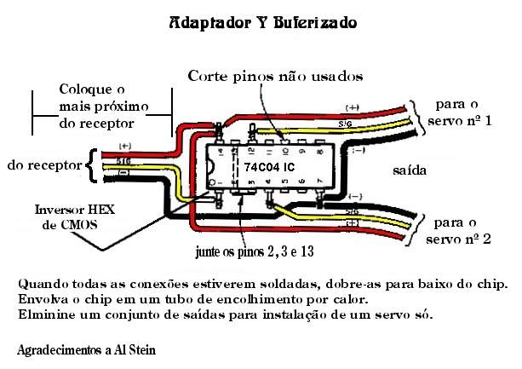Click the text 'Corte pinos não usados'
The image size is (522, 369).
275,76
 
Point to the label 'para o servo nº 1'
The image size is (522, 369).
463,112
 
